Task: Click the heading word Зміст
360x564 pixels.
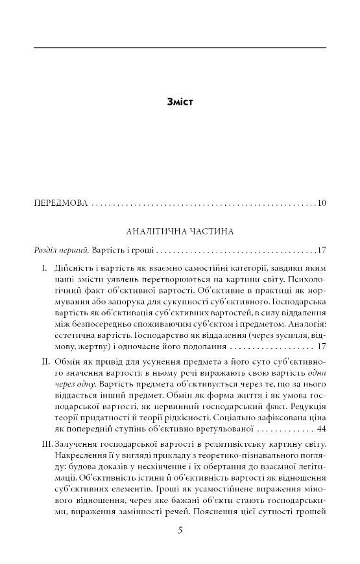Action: coord(180,102)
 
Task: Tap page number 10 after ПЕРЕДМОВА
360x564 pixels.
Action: coord(322,205)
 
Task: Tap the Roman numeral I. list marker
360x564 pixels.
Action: coord(43,267)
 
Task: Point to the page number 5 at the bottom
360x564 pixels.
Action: coord(180,531)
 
